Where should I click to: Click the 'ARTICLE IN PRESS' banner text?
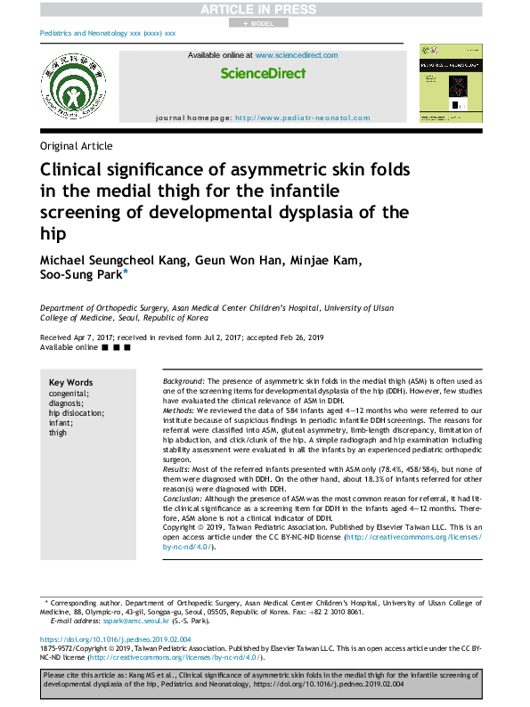coord(265,9)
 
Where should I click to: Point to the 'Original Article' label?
coord(77,147)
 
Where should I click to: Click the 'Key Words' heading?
coord(70,382)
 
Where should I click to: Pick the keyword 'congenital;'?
coord(69,393)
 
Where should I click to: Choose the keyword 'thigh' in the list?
coord(58,432)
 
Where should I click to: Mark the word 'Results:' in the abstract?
coord(177,467)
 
